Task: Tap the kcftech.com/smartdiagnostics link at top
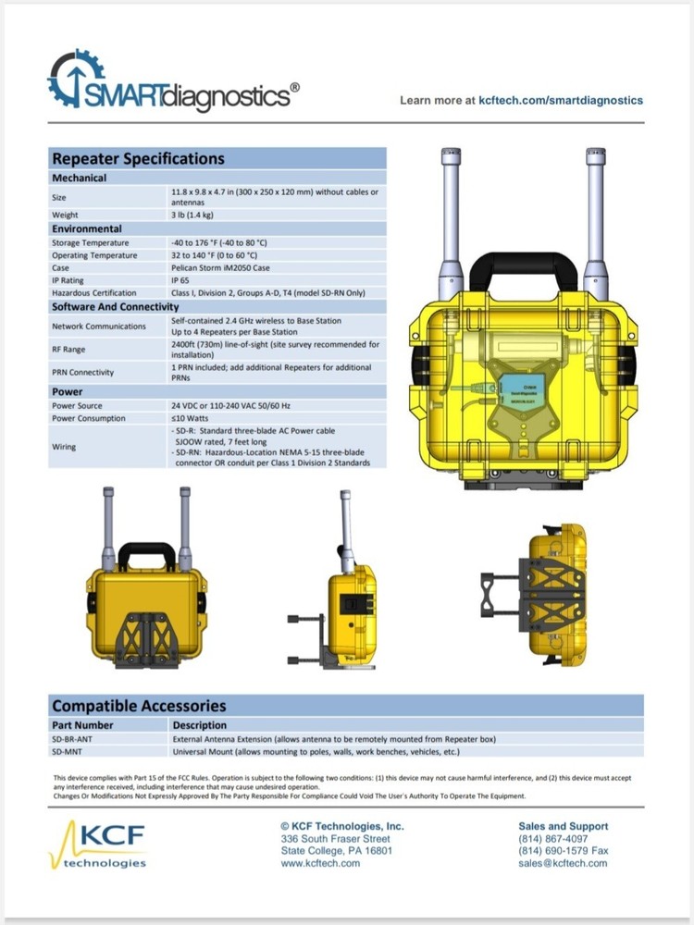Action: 561,100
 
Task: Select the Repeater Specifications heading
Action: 138,158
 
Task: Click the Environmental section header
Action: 87,228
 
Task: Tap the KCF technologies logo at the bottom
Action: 100,843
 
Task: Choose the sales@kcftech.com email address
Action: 563,863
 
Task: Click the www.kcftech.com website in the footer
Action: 320,863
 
